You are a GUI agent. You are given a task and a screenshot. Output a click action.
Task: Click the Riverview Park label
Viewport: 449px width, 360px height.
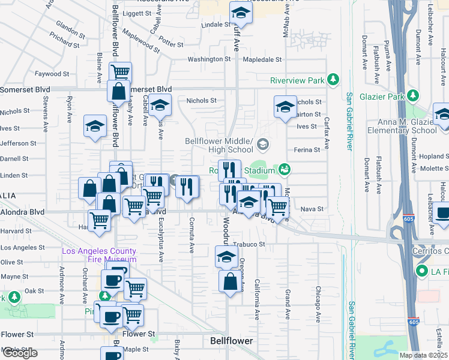click(297, 80)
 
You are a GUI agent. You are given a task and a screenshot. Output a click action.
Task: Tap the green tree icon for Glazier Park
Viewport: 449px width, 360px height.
click(412, 96)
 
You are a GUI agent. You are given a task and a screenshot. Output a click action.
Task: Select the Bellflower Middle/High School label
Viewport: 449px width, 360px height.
click(220, 145)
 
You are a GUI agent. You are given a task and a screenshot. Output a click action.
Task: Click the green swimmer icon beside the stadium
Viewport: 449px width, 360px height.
click(285, 169)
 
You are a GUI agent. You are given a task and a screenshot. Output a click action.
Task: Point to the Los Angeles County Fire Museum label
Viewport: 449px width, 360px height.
click(99, 254)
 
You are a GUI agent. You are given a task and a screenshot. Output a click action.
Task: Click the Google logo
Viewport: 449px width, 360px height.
click(20, 353)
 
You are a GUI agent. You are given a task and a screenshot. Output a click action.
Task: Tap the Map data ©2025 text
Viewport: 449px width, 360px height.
click(423, 355)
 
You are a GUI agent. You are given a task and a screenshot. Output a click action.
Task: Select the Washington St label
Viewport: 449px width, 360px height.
click(209, 59)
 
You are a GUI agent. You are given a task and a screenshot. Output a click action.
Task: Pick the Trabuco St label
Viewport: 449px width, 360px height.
click(249, 244)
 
